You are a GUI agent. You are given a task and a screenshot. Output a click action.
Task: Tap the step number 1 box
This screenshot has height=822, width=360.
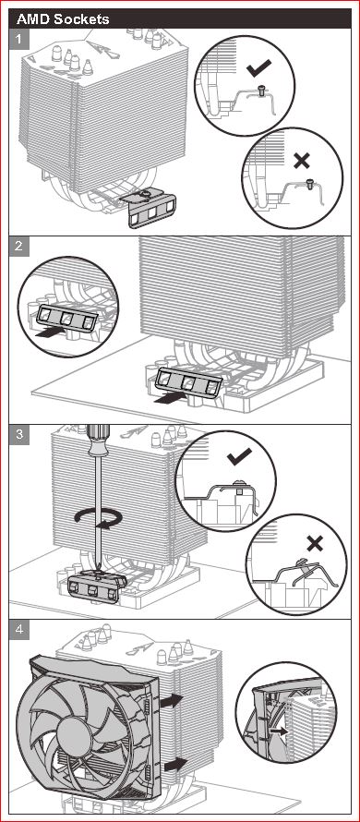19,39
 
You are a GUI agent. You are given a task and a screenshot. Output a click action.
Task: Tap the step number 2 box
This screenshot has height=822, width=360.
19,246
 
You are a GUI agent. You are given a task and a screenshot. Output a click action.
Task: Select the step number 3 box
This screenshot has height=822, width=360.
19,435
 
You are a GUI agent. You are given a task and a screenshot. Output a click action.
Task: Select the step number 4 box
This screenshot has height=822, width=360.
19,629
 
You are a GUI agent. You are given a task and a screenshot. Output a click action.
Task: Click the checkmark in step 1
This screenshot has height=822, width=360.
258,67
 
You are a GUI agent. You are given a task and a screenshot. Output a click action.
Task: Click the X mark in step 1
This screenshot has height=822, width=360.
302,161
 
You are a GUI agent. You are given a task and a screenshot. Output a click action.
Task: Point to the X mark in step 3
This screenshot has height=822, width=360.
315,544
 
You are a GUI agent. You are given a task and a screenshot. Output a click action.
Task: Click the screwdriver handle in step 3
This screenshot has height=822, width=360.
95,440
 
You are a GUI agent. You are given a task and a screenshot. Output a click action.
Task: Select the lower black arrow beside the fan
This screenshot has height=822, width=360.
175,765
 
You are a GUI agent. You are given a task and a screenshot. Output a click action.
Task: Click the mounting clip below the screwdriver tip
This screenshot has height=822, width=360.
98,585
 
